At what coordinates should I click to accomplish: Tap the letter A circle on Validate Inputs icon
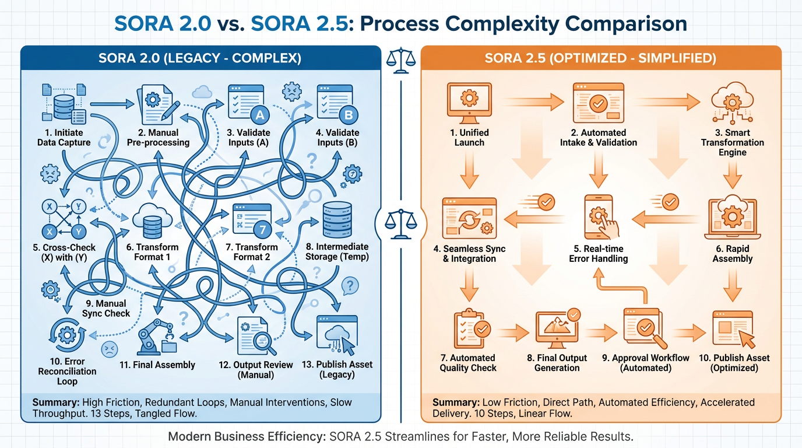[x=260, y=115]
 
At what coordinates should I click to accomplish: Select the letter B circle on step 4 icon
[x=349, y=115]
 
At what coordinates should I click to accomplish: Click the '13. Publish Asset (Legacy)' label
[x=337, y=369]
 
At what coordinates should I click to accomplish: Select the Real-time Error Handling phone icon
[x=599, y=216]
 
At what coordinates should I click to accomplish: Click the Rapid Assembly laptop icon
[x=732, y=219]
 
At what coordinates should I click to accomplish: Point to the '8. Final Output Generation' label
[x=557, y=363]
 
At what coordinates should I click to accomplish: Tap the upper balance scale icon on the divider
[x=401, y=61]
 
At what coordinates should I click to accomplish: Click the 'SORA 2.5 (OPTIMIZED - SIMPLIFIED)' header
[x=600, y=58]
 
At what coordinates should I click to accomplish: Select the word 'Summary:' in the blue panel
[x=56, y=402]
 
